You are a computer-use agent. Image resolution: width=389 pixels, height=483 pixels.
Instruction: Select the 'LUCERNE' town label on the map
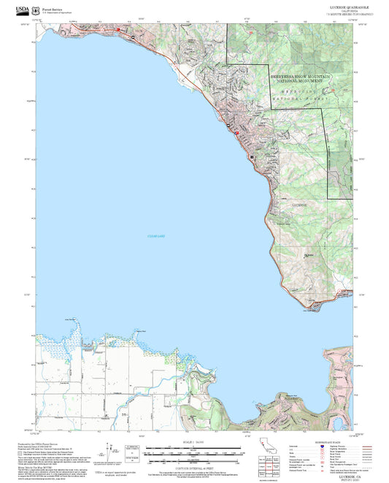[x=300, y=206]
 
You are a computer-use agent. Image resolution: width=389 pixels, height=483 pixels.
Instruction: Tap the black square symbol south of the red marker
[x=252, y=157]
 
